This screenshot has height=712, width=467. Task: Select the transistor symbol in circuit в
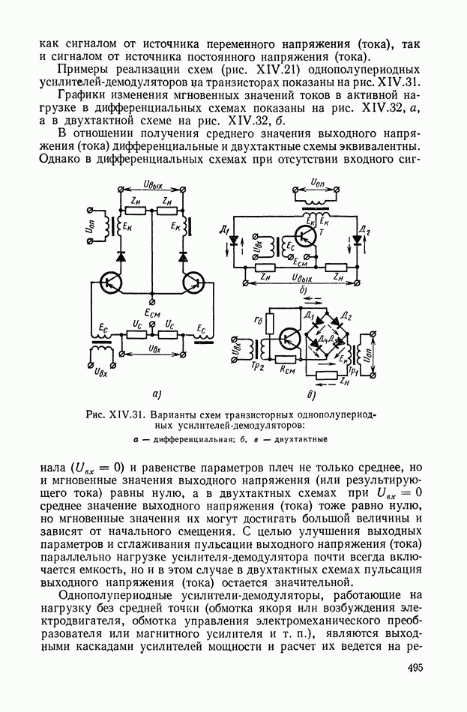tap(288, 337)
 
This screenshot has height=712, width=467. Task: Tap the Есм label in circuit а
tap(154, 313)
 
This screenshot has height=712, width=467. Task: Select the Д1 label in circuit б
tap(245, 229)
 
